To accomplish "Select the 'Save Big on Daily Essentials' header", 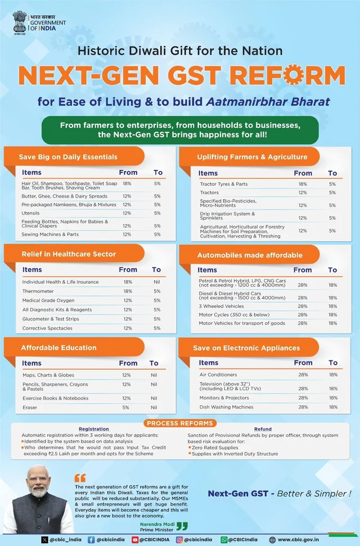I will (x=68, y=156).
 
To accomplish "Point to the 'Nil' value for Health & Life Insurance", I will (x=157, y=282).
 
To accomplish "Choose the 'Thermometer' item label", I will (x=38, y=291).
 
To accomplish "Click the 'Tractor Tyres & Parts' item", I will (x=223, y=184).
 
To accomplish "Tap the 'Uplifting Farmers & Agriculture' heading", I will (x=252, y=156).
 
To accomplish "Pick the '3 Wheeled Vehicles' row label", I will (x=222, y=306).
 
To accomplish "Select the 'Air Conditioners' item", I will (x=218, y=374).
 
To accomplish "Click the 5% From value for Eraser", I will (x=126, y=407).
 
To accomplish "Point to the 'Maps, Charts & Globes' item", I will (x=48, y=375).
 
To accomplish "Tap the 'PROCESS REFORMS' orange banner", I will (x=179, y=423).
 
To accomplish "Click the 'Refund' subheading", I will (x=263, y=429).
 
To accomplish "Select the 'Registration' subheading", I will (x=94, y=429).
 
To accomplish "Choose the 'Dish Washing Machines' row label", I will (x=226, y=407).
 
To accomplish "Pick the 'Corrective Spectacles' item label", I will (x=48, y=328).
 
